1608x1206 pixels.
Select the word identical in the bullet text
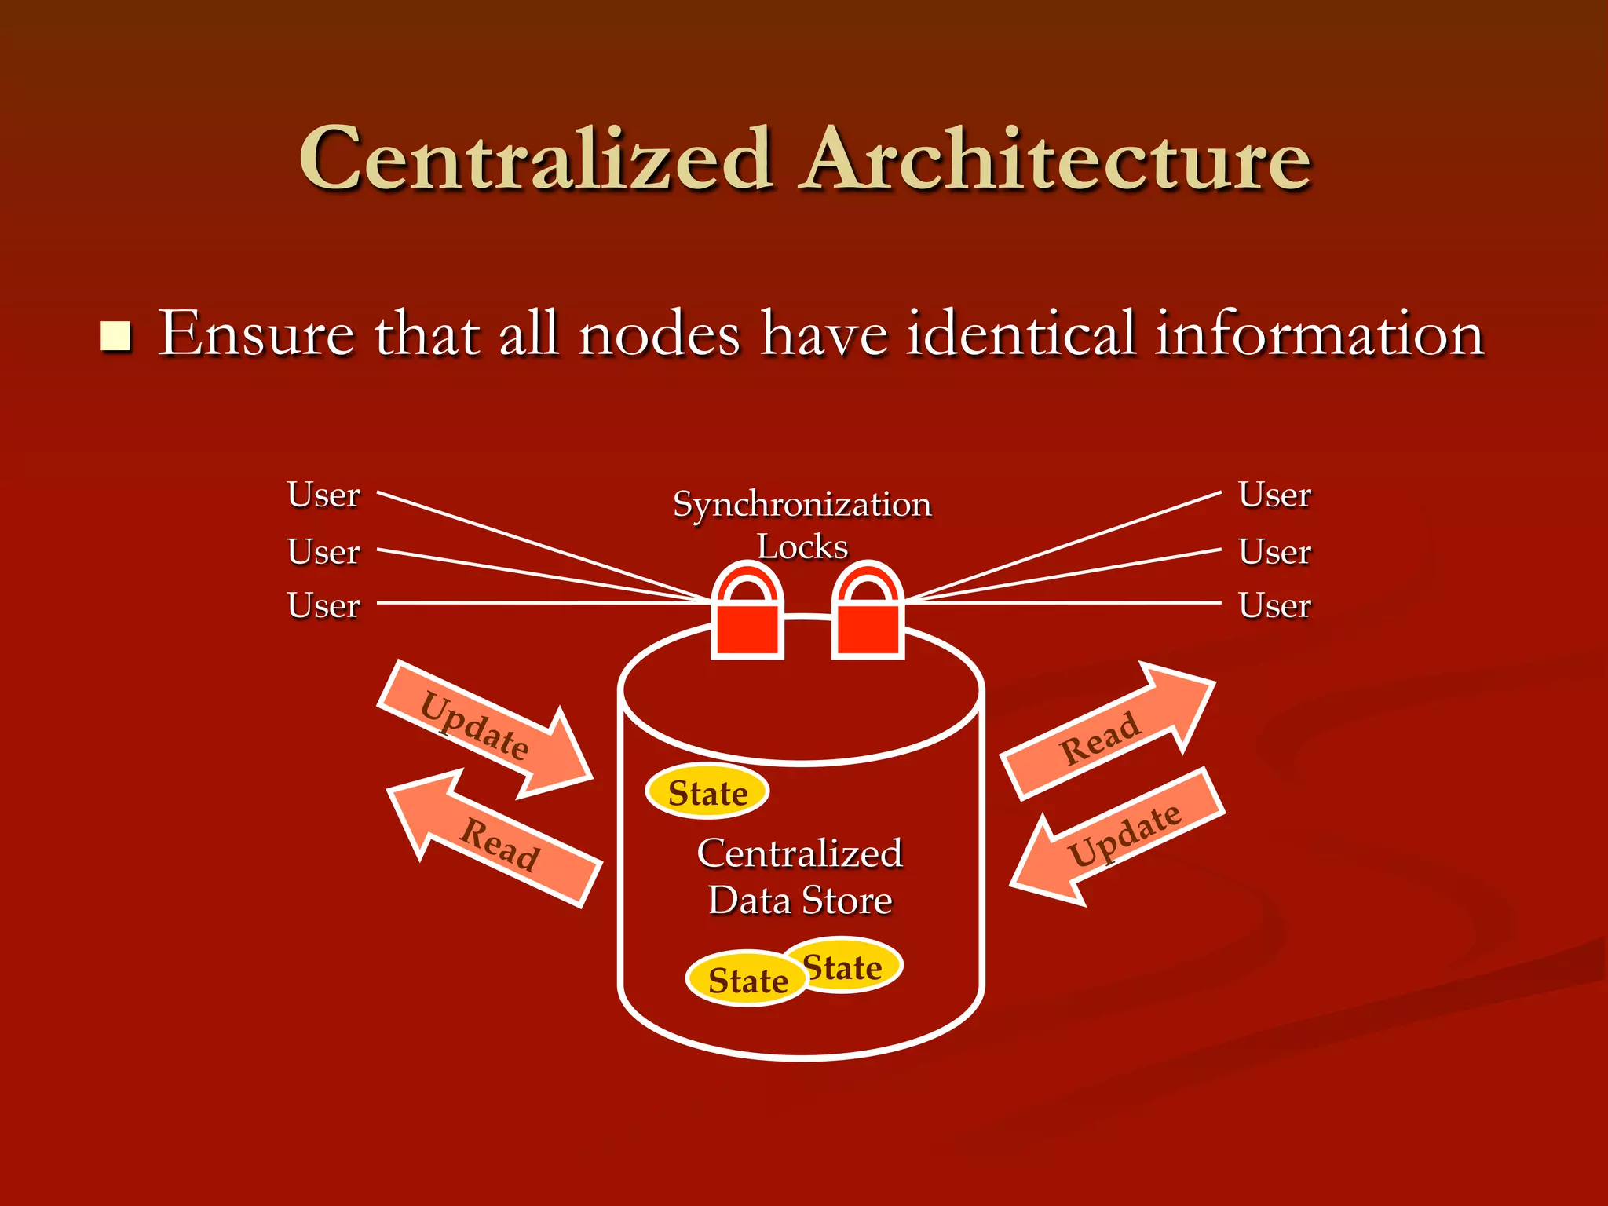[1021, 334]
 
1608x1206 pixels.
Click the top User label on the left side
[323, 495]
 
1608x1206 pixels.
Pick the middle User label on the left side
[323, 551]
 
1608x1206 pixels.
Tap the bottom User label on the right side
[1275, 605]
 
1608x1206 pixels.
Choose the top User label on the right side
[1275, 495]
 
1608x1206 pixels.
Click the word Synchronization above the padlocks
[802, 504]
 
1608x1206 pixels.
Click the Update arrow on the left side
[483, 730]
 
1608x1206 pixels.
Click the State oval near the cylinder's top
[707, 792]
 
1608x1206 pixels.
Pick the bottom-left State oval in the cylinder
[747, 979]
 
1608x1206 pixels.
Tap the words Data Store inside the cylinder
[800, 900]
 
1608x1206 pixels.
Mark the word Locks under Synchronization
[802, 546]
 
